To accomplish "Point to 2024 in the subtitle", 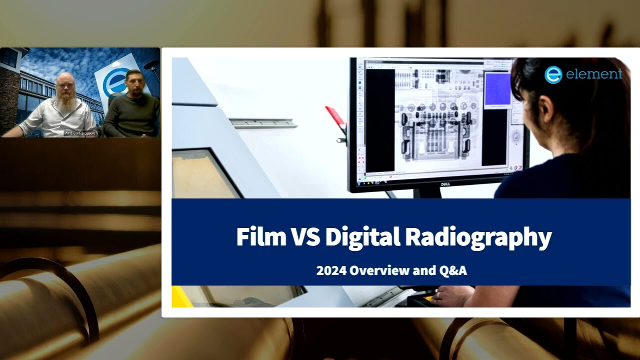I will (330, 271).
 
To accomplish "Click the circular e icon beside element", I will (553, 74).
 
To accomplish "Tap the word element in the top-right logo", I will (594, 74).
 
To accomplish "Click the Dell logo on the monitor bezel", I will (445, 184).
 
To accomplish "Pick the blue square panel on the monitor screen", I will (497, 89).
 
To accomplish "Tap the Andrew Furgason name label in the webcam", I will (80, 133).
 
